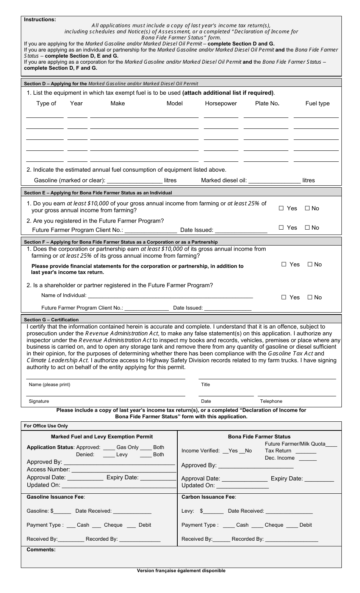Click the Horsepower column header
coord(221,103)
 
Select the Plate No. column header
coord(267,103)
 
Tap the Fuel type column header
coord(317,103)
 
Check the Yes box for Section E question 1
coord(281,208)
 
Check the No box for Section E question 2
coord(307,228)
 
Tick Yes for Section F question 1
coord(284,264)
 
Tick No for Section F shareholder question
coord(310,297)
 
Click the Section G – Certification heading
coord(51,320)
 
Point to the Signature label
coord(39,401)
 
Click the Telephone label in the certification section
coord(271,401)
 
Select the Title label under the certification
coord(205,385)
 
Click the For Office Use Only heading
coord(46,426)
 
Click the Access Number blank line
coord(123,470)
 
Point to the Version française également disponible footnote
coord(181,571)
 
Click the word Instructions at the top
coord(40,19)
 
